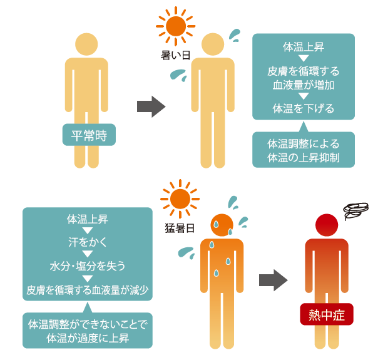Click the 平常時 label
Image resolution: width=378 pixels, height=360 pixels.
click(89, 135)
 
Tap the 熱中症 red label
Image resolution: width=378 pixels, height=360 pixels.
click(327, 314)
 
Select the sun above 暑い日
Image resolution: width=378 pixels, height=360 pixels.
click(176, 26)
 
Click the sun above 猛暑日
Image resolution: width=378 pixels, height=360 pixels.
click(180, 199)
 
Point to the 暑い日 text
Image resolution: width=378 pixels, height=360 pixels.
click(175, 56)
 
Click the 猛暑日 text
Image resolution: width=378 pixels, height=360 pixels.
click(180, 228)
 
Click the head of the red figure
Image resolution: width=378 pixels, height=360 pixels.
click(327, 225)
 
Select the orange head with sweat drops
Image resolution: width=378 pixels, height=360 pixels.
click(222, 225)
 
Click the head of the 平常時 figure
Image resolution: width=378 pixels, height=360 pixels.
click(86, 44)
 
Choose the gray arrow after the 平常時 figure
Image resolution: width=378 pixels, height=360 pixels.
click(151, 106)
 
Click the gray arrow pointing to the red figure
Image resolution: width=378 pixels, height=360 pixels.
click(273, 280)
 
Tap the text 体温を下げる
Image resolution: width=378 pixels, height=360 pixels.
click(304, 108)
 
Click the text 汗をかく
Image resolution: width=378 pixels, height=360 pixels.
click(88, 242)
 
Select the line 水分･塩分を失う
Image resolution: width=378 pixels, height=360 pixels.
click(88, 266)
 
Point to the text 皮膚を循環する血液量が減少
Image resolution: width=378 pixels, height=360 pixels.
click(88, 290)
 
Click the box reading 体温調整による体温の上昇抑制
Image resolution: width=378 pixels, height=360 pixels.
click(304, 150)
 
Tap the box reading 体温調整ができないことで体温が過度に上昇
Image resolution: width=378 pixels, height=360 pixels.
click(88, 331)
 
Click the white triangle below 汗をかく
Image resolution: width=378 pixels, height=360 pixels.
click(88, 254)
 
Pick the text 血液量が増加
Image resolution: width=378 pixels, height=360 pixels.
click(304, 85)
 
